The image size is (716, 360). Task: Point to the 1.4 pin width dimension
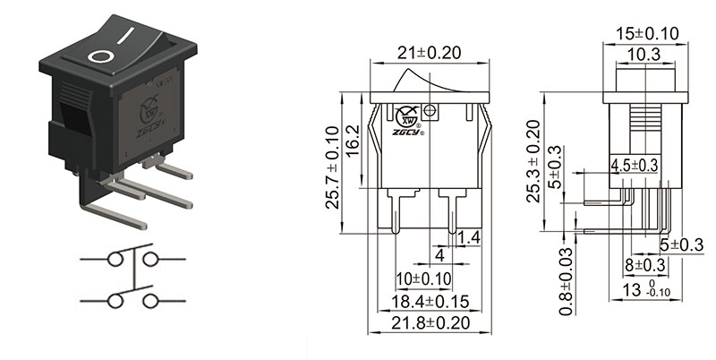tap(470, 236)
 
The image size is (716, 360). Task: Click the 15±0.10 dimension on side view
tap(648, 33)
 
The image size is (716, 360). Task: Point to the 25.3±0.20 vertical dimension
tap(533, 161)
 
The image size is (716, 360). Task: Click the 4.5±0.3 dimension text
tap(634, 165)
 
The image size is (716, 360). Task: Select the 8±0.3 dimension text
tap(644, 265)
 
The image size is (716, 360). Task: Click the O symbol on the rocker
tap(100, 56)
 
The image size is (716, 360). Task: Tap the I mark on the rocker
tap(131, 39)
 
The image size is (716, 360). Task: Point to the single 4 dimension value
tap(439, 255)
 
